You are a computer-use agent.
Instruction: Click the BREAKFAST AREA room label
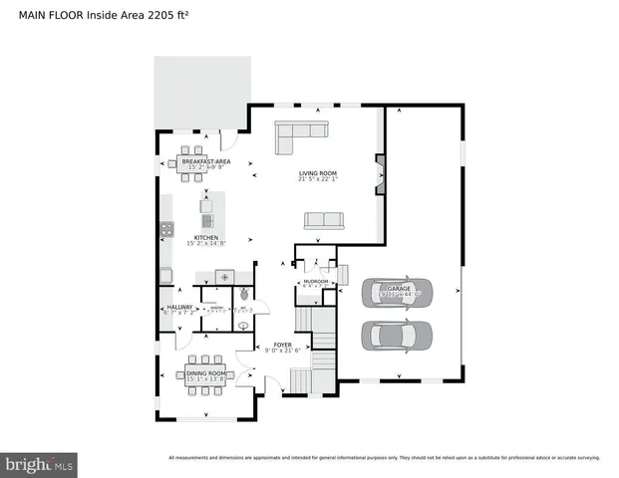206,160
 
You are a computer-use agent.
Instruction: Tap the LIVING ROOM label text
318,173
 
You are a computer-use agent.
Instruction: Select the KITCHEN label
206,237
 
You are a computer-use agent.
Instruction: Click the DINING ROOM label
206,373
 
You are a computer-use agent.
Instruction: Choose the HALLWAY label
179,307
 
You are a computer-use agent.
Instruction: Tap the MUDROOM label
316,282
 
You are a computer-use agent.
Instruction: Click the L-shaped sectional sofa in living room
299,133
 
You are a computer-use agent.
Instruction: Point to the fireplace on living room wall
379,172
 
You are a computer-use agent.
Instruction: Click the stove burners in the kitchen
165,230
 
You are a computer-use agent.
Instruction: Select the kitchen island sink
207,221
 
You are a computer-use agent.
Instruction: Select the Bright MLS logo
40,463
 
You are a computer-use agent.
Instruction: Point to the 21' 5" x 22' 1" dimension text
318,180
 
